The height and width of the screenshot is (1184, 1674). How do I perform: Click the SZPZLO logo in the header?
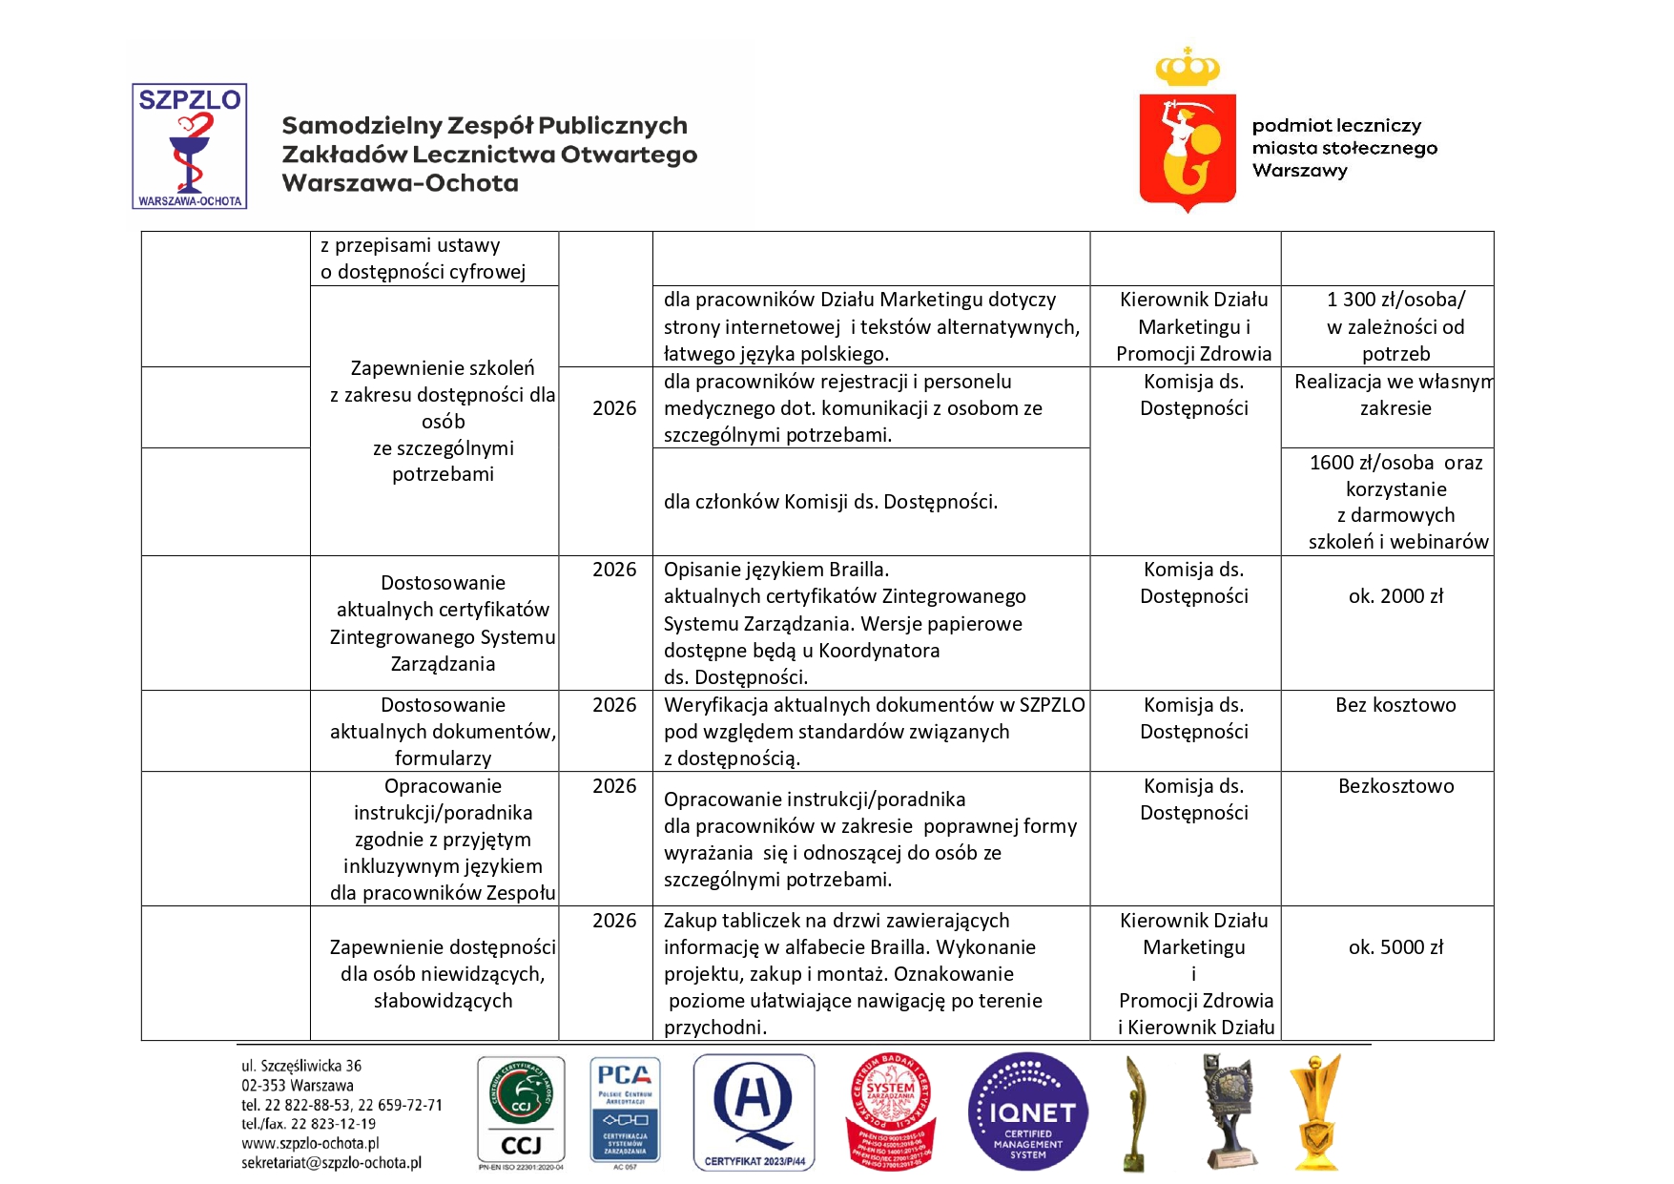(189, 146)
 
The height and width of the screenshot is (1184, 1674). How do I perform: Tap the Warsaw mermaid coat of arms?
(1188, 143)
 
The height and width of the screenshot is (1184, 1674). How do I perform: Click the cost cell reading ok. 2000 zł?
(1395, 596)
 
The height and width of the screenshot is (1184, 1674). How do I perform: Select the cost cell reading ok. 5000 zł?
(1395, 947)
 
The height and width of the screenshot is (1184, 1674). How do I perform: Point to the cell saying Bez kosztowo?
(1395, 705)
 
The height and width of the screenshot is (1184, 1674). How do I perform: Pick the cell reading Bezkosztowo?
(1395, 786)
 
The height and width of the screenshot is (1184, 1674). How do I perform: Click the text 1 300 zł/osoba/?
(1395, 300)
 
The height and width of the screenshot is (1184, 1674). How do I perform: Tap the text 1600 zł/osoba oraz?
(1395, 463)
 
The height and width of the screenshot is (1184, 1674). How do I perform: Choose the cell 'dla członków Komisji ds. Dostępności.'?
(831, 502)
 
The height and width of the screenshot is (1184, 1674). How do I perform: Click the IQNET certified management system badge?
(1027, 1112)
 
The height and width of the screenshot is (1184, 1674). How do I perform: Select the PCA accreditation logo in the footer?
(625, 1112)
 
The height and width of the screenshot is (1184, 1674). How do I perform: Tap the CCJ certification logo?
(521, 1112)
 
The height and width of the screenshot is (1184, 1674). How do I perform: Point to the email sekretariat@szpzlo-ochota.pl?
(331, 1163)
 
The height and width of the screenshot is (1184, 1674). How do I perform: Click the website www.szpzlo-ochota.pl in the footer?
(310, 1143)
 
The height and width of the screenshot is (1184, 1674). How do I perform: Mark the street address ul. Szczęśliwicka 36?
(301, 1066)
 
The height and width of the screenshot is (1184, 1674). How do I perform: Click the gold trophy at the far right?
(1315, 1112)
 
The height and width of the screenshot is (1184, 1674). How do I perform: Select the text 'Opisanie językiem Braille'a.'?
(776, 570)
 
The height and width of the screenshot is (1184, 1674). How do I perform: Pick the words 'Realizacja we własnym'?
(1394, 382)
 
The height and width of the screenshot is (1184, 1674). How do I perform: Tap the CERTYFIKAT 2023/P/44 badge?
(754, 1112)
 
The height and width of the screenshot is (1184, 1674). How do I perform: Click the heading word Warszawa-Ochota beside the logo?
(401, 183)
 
